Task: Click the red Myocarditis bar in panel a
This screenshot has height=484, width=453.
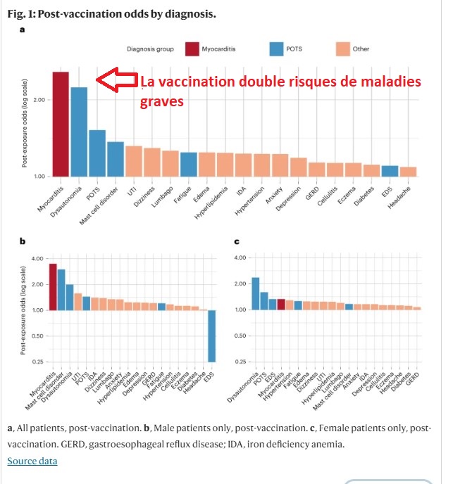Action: pos(60,124)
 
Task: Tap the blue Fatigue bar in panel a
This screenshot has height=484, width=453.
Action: pos(188,164)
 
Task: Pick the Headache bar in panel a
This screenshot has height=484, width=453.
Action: pos(409,171)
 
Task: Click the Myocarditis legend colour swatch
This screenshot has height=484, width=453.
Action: pos(192,49)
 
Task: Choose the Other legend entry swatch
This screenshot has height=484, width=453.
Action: pos(344,49)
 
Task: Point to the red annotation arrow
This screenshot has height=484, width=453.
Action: pos(116,81)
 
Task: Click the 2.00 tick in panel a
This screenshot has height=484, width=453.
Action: pos(39,99)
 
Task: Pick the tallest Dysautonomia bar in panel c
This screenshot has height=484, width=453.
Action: pos(255,293)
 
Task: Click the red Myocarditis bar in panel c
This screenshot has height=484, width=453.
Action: pos(280,304)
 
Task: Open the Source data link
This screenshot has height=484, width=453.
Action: pos(32,461)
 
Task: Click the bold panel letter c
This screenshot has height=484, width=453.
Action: pos(236,242)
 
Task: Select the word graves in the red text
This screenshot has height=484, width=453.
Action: pos(162,101)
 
